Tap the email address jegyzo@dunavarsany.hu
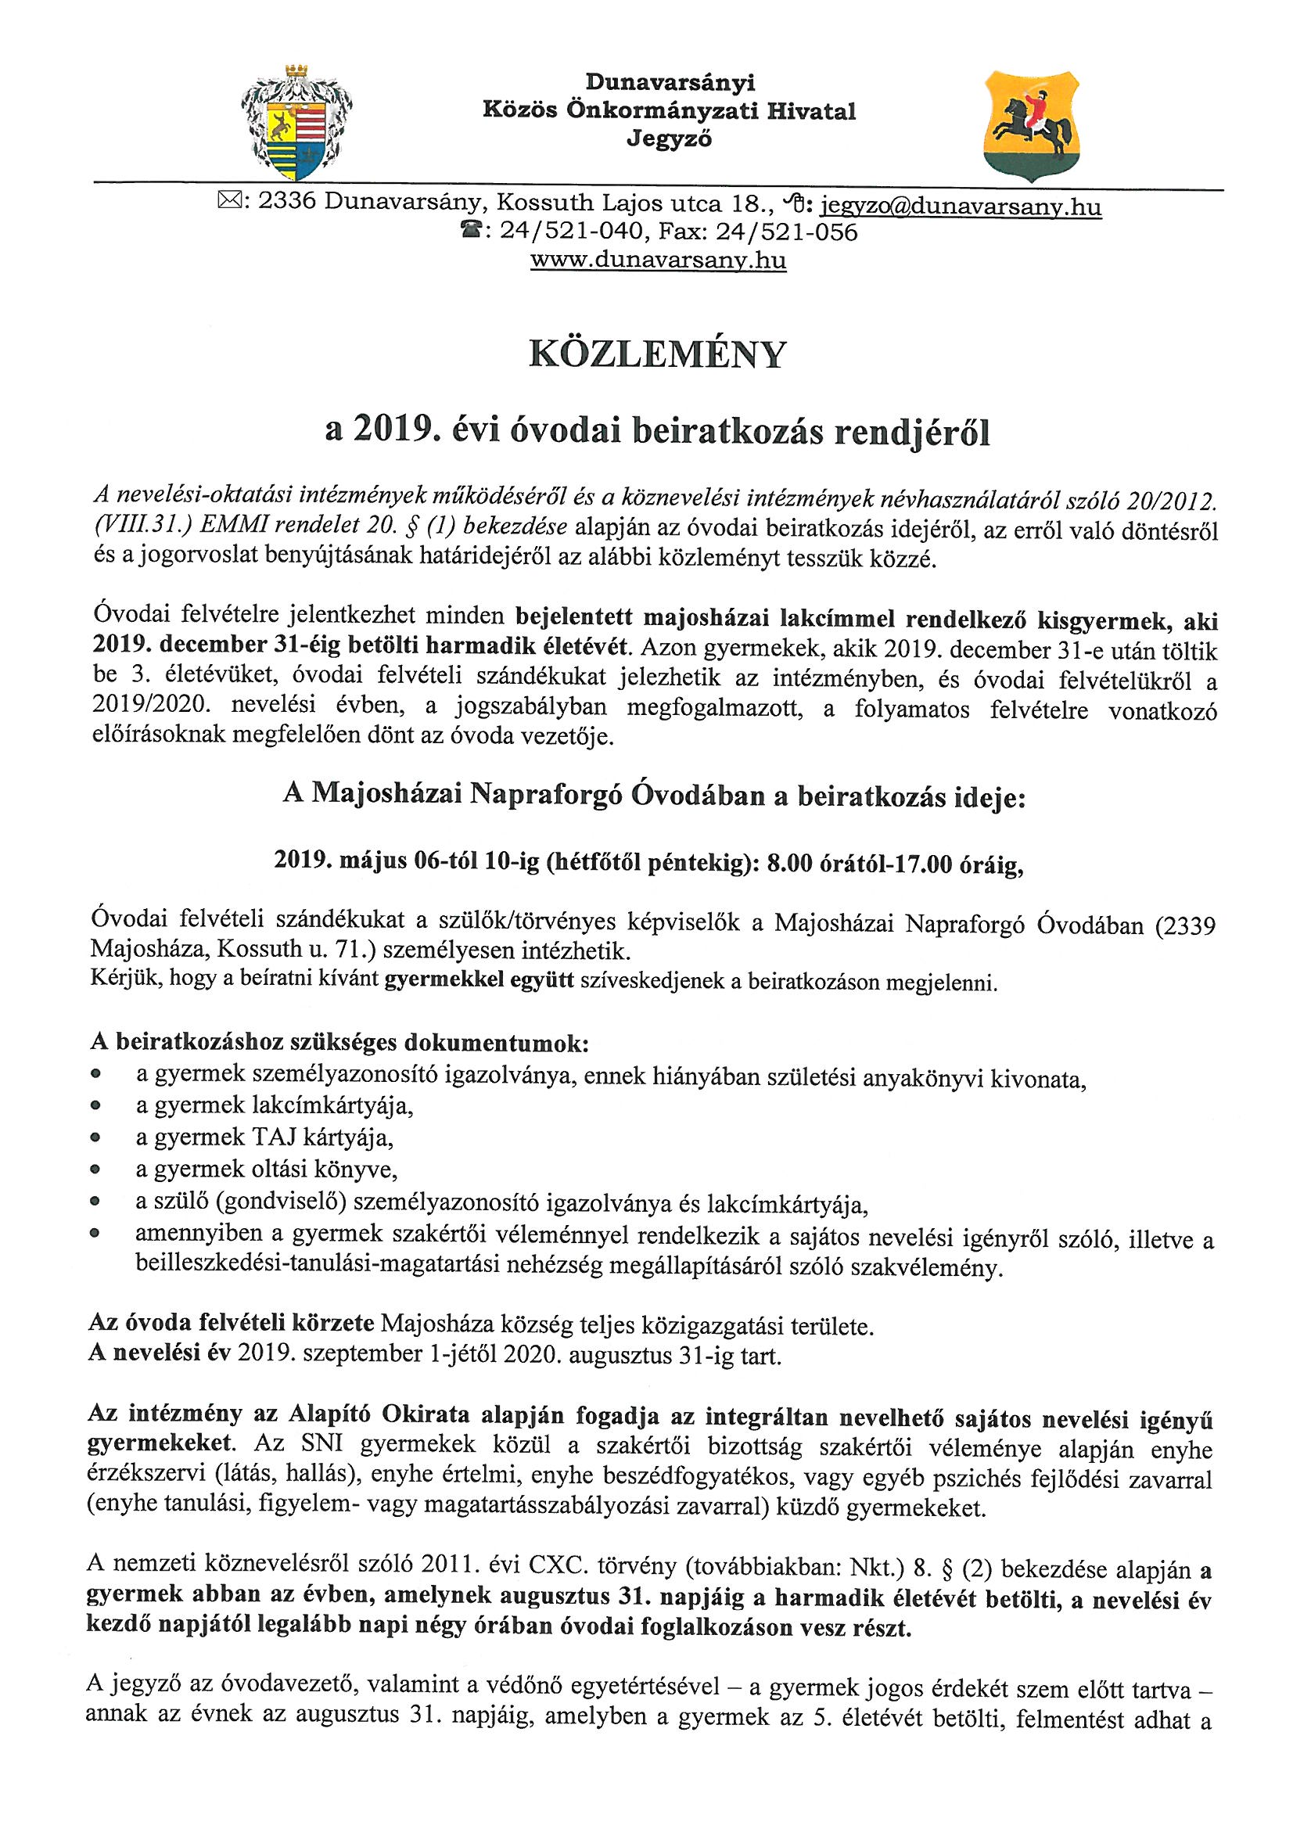coord(961,207)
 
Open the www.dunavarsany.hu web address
coord(658,261)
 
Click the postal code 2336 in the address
coord(288,203)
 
